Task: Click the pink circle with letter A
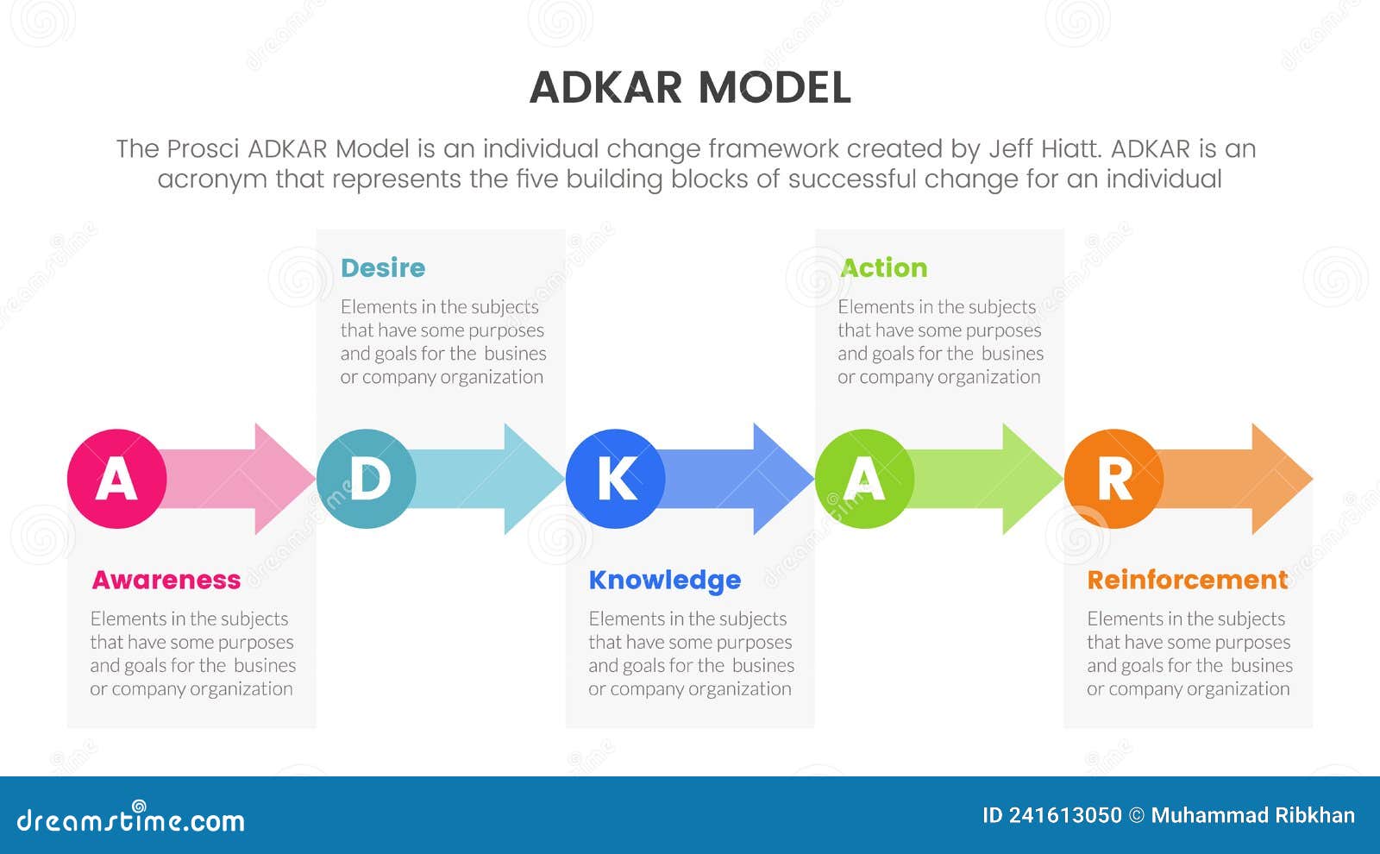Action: click(116, 479)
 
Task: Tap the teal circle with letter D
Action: click(367, 479)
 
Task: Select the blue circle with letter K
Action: click(616, 479)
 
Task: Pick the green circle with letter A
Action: click(864, 479)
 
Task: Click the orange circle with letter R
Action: click(1113, 479)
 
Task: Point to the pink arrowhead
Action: click(280, 479)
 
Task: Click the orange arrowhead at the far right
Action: click(1278, 479)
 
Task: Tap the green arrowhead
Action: click(1029, 479)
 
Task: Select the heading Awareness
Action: click(166, 580)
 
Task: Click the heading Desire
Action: click(383, 267)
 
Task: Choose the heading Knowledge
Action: click(664, 580)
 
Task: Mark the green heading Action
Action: click(883, 267)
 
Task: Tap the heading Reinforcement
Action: click(1187, 580)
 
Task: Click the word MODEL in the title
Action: click(774, 88)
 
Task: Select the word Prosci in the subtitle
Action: click(203, 148)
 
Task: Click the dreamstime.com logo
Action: click(131, 819)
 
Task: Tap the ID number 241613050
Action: click(1064, 815)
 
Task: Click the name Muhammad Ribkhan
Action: click(1252, 815)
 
